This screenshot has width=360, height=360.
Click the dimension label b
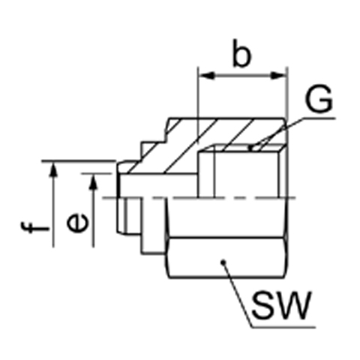tap(241, 53)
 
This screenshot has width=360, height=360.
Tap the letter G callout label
tap(319, 99)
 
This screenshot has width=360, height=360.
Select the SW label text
tap(282, 305)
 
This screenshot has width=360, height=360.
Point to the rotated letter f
tap(35, 227)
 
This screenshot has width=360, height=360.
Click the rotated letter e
tap(77, 223)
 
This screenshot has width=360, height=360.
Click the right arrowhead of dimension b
tap(279, 76)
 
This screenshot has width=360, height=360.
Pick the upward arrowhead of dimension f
tap(53, 170)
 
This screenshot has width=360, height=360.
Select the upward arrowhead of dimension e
tap(94, 182)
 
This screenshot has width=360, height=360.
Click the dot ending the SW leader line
tap(223, 262)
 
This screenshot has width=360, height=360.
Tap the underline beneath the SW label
tap(283, 327)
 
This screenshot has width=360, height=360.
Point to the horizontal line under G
tap(319, 118)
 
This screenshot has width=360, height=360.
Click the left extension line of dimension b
tap(198, 106)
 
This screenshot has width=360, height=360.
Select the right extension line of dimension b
tap(288, 95)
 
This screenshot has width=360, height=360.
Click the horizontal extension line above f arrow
tap(79, 161)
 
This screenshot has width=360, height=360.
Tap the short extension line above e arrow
tap(97, 173)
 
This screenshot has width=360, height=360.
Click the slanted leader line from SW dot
tap(237, 294)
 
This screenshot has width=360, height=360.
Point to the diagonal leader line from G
tap(278, 133)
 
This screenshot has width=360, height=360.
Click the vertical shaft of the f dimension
tap(53, 205)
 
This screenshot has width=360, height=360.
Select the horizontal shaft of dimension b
tap(242, 76)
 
